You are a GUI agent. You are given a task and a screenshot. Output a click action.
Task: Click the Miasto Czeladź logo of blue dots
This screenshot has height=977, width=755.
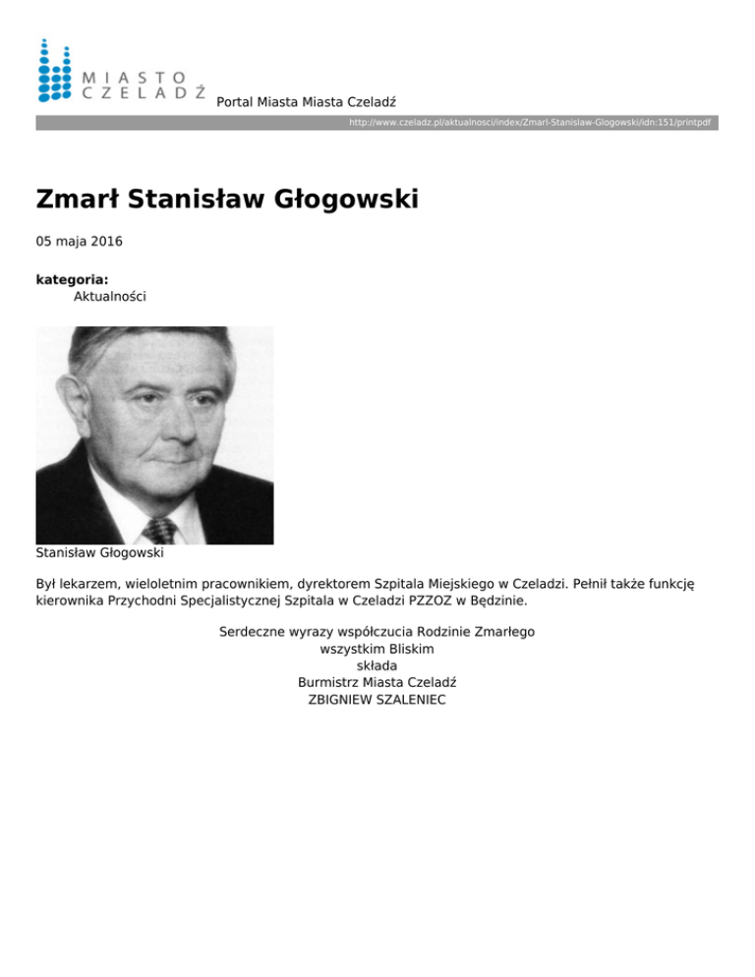(x=54, y=71)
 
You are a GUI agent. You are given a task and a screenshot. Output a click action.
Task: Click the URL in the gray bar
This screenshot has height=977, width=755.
(x=530, y=123)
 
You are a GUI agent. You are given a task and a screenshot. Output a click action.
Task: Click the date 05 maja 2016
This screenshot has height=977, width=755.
(x=80, y=241)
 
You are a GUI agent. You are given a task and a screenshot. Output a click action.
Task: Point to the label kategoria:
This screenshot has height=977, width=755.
(x=72, y=279)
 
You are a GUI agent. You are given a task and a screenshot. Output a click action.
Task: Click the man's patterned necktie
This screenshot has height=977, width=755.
(x=160, y=530)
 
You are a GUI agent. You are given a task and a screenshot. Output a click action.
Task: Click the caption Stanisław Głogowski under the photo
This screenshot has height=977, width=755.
(x=99, y=553)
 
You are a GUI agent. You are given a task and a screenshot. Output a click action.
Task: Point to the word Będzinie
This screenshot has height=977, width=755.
(x=508, y=600)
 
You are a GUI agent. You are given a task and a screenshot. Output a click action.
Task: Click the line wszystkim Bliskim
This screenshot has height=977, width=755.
(x=377, y=649)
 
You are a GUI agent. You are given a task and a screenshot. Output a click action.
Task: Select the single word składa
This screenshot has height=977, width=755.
(x=377, y=665)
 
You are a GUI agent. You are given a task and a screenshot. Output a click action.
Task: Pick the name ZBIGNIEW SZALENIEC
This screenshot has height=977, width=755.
(x=377, y=700)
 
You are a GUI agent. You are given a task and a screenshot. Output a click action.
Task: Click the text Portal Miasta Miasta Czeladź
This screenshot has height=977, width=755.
(x=306, y=102)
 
